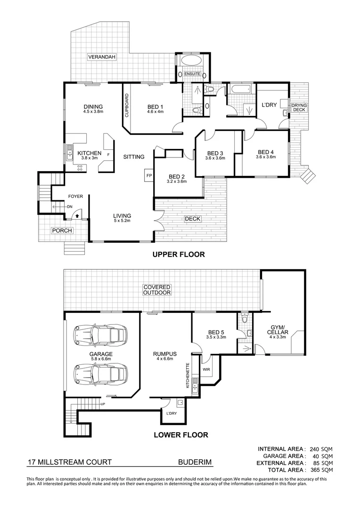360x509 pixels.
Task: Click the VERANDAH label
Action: coord(102,57)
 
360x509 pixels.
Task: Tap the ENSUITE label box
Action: coord(192,74)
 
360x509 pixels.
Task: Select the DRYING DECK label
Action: coord(299,107)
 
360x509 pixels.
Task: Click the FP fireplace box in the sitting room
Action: coord(148,175)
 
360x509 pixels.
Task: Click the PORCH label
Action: coord(62,230)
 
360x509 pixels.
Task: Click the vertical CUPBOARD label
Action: coord(127,105)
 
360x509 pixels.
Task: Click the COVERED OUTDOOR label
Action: coord(157,290)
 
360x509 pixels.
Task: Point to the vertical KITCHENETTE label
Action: coord(188,375)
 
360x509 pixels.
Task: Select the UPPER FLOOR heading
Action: coord(178,254)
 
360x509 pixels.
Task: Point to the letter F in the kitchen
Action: coord(109,154)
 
